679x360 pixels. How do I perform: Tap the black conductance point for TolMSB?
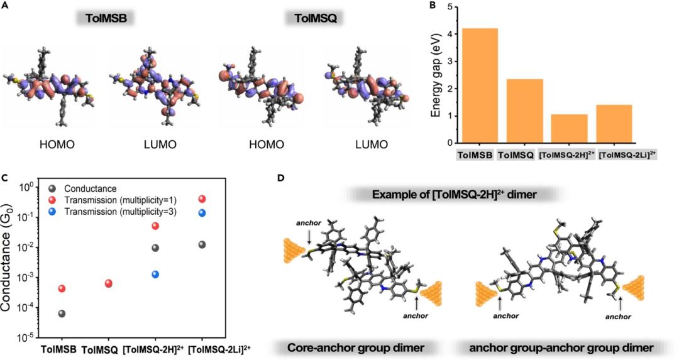coord(62,314)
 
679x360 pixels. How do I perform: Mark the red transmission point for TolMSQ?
coord(108,284)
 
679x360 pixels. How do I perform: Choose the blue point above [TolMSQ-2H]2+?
coord(155,274)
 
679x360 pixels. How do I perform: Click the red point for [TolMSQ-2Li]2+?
coord(202,199)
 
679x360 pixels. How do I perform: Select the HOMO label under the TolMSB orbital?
coord(56,145)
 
